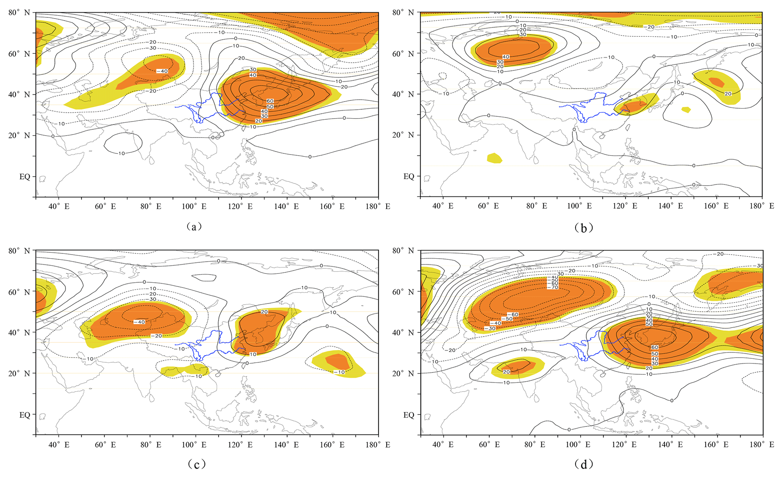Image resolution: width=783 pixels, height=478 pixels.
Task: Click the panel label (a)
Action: click(194, 227)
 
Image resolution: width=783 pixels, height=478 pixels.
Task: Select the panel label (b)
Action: click(583, 227)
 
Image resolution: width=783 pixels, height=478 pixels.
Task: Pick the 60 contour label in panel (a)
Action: click(270, 101)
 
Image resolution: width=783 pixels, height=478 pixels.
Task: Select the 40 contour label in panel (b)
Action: click(505, 57)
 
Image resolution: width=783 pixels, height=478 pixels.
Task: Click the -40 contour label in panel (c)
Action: click(139, 322)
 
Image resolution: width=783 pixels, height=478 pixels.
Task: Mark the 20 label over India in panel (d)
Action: click(507, 372)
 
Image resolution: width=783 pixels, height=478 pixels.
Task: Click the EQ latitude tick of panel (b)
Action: click(409, 176)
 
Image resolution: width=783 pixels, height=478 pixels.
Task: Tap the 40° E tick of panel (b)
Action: click(443, 206)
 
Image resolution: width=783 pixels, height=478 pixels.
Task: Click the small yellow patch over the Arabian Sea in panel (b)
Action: click(494, 158)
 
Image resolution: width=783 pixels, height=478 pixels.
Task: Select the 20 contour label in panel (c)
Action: click(264, 312)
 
